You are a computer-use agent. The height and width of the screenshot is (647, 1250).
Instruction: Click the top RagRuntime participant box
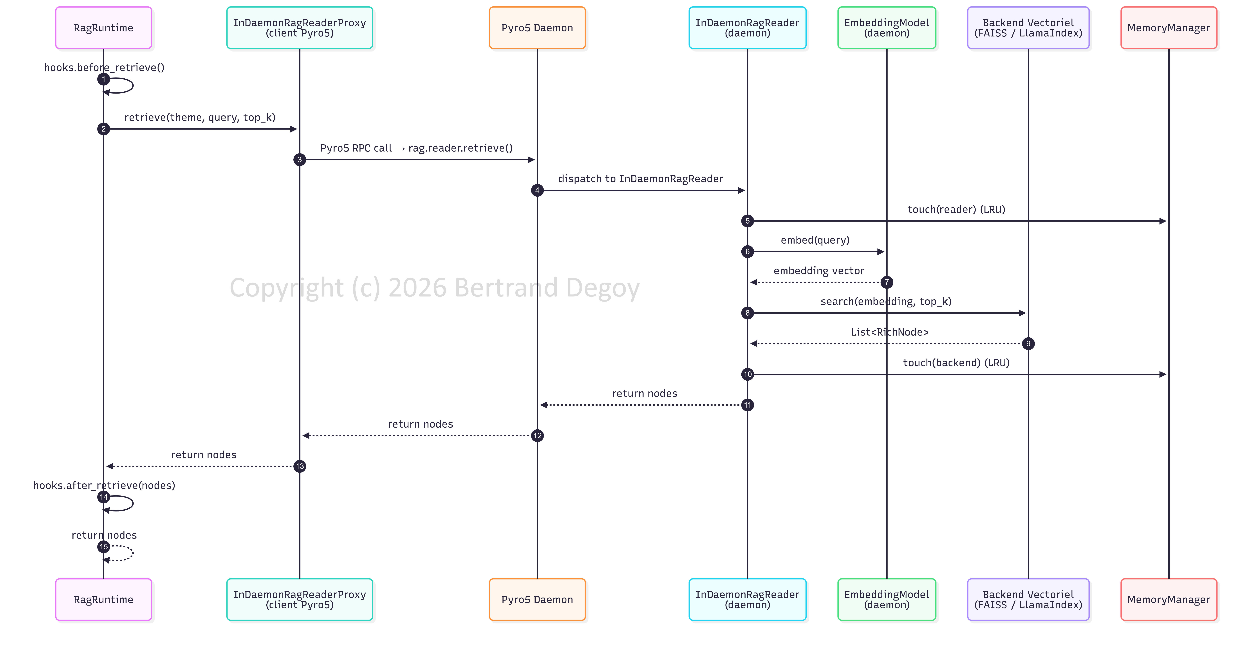click(103, 28)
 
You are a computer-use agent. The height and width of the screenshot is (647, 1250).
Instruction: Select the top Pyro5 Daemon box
click(537, 28)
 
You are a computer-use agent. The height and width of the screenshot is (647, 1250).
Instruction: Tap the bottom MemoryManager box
click(1169, 599)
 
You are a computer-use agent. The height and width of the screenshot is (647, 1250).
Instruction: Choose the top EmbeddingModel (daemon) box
click(887, 28)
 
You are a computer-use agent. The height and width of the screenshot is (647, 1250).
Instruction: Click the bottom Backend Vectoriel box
click(1028, 599)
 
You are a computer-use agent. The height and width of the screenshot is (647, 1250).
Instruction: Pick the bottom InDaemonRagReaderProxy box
click(299, 599)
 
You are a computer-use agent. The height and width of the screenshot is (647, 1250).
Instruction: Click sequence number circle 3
click(299, 160)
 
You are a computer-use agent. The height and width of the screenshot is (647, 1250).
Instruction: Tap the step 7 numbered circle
click(887, 282)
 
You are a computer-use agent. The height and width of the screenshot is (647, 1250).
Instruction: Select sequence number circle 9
click(1028, 344)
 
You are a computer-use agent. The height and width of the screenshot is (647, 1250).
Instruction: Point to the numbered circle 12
click(537, 435)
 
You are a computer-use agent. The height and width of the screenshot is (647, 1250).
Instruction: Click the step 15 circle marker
click(103, 547)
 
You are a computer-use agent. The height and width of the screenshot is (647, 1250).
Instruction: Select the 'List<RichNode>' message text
click(889, 332)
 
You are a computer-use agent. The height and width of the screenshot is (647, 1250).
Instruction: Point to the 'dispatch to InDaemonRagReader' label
click(641, 179)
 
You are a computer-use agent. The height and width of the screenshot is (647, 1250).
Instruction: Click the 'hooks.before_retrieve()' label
click(104, 67)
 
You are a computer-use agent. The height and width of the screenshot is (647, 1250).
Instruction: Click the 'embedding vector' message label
click(819, 271)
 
